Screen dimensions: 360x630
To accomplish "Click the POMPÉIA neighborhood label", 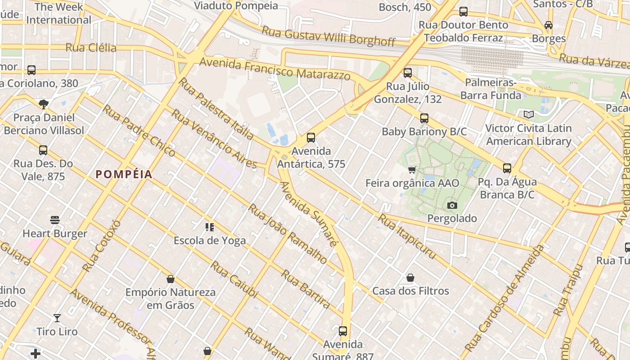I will tap(124, 175).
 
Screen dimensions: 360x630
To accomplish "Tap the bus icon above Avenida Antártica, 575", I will tap(311, 138).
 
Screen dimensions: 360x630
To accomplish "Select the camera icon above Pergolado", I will tap(452, 206).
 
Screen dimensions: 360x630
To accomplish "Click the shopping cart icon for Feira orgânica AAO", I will tap(412, 170).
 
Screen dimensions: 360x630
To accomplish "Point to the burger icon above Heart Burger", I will tap(55, 220).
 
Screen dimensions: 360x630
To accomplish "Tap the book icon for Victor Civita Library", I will tap(529, 115).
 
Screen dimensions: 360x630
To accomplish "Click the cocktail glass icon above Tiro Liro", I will tap(57, 318).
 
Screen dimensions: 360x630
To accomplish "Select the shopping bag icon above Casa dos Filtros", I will tap(410, 278).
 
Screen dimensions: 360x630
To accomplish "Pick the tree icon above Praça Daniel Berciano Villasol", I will tap(44, 104).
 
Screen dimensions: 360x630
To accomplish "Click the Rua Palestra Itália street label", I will tap(216, 108).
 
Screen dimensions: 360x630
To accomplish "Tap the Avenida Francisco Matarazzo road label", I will tap(274, 69).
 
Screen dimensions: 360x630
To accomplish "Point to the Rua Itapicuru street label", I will tap(407, 237).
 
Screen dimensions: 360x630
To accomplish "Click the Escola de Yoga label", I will tap(210, 240).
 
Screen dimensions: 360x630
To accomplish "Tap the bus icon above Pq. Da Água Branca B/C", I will tap(507, 168).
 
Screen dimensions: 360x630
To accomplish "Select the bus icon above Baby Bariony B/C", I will tap(424, 118).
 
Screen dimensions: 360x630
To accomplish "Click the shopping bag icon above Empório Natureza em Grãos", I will tap(171, 279).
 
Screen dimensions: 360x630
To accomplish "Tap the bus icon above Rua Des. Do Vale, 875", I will tap(43, 150).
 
